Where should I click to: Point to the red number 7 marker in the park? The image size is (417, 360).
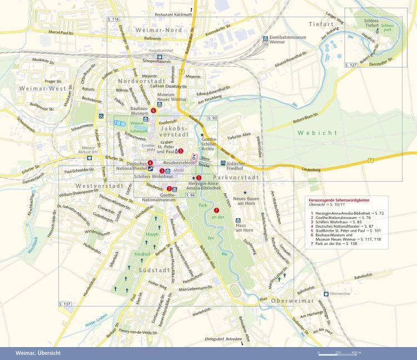[216, 210]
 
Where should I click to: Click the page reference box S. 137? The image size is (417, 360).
[65, 303]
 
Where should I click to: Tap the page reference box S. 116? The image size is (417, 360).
[112, 19]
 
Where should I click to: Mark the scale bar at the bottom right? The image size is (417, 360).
[338, 353]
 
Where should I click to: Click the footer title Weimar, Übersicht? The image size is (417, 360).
[38, 353]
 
